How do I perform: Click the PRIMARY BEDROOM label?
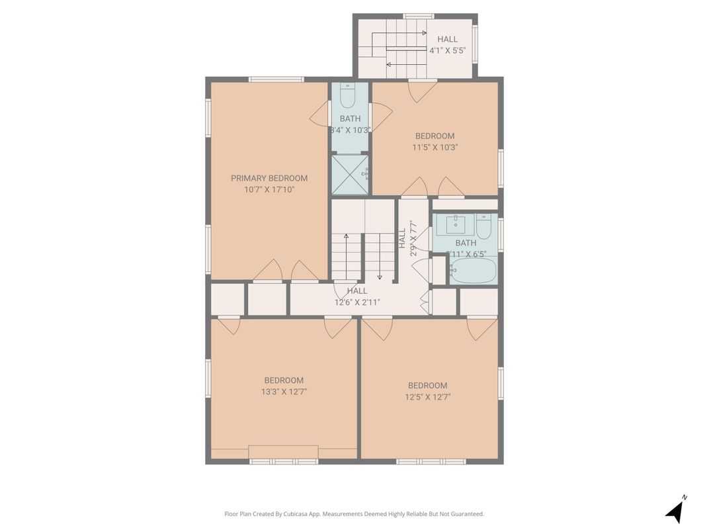pyautogui.click(x=269, y=178)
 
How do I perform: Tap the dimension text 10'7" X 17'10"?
pyautogui.click(x=269, y=189)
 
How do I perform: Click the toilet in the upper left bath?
pyautogui.click(x=347, y=97)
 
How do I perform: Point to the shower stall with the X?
pyautogui.click(x=349, y=174)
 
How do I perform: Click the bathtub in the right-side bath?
pyautogui.click(x=473, y=271)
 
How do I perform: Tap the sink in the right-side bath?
pyautogui.click(x=456, y=225)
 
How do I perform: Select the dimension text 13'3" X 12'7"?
pyautogui.click(x=284, y=392)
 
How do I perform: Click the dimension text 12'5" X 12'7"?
pyautogui.click(x=427, y=397)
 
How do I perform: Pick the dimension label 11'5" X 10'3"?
pyautogui.click(x=435, y=148)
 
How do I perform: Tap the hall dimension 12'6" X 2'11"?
pyautogui.click(x=357, y=302)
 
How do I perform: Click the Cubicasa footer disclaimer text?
pyautogui.click(x=354, y=513)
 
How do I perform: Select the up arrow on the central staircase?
pyautogui.click(x=346, y=255)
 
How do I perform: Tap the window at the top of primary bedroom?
pyautogui.click(x=276, y=79)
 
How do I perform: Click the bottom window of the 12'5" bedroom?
pyautogui.click(x=431, y=461)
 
